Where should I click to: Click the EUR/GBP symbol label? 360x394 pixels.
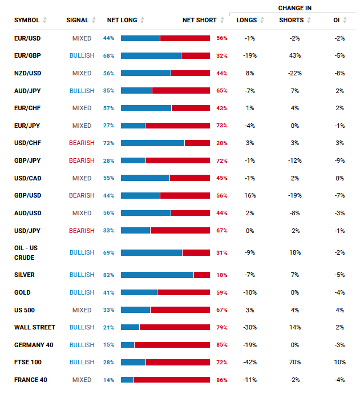(27, 55)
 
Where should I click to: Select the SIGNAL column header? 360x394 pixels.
(78, 20)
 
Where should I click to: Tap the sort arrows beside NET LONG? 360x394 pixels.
(142, 20)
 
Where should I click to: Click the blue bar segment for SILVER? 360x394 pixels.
(157, 275)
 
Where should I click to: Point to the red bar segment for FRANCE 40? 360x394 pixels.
(172, 380)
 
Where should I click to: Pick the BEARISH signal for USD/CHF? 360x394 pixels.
(82, 143)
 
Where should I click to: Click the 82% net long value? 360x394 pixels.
(109, 275)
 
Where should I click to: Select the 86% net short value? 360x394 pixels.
(222, 380)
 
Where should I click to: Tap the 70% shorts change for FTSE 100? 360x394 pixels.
(295, 362)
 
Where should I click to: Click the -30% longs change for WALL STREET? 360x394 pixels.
(250, 327)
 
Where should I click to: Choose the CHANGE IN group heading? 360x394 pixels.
(295, 8)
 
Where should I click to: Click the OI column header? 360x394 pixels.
(337, 20)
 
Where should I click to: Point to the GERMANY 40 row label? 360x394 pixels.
(34, 345)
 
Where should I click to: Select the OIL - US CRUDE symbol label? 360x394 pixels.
(26, 252)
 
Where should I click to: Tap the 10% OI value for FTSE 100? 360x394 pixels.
(339, 362)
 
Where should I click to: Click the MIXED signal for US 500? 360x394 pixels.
(82, 310)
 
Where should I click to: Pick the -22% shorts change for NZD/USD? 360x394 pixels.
(295, 73)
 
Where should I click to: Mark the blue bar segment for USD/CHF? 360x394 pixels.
(153, 143)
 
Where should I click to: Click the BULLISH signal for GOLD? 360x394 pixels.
(82, 292)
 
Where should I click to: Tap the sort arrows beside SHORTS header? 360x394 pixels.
(309, 20)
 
